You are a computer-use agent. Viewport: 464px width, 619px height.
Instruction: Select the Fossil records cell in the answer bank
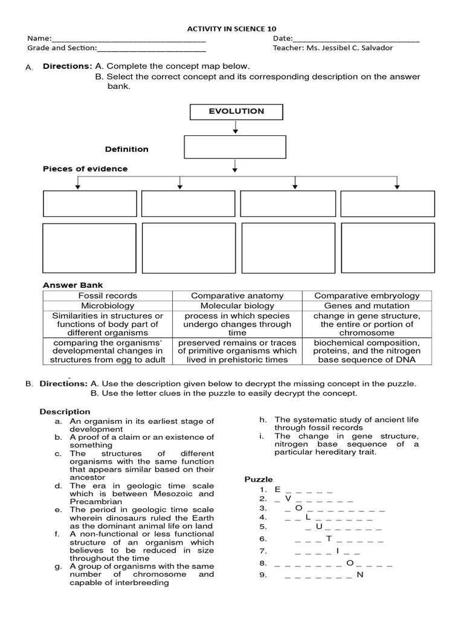point(108,296)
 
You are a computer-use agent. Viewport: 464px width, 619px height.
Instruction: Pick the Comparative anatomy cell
point(237,296)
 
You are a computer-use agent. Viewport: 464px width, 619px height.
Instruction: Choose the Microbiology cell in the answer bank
point(108,306)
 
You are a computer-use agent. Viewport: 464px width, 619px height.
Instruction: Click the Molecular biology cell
point(237,306)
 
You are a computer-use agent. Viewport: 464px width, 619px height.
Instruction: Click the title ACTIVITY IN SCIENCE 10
point(232,29)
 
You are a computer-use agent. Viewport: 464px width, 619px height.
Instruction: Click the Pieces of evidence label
point(85,169)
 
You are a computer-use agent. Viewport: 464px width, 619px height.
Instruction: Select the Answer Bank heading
point(72,285)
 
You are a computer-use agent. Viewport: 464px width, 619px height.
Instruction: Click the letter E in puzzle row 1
point(277,489)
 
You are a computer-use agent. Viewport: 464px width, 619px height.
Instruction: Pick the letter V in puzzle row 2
point(288,499)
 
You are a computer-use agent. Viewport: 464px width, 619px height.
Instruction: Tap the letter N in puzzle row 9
point(360,574)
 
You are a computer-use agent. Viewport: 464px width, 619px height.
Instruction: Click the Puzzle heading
point(258,479)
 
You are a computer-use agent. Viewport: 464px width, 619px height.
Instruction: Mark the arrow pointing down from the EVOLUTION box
point(236,127)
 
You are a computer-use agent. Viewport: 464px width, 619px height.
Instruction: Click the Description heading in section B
point(65,412)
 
